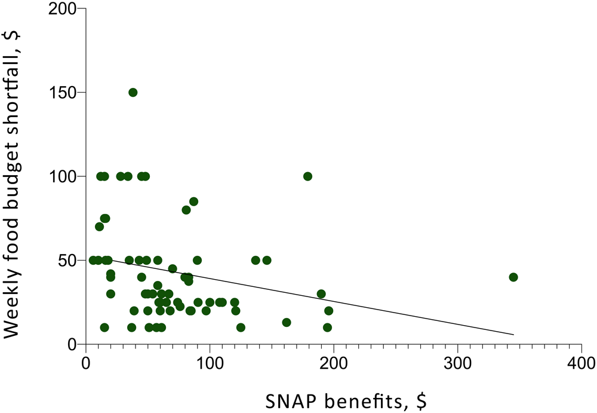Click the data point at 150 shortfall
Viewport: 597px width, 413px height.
point(133,92)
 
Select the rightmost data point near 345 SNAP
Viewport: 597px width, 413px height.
point(513,277)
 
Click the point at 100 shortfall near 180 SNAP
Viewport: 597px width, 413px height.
point(308,176)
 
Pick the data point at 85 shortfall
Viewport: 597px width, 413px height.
point(193,201)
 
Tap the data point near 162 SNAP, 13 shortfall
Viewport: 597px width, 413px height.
point(287,322)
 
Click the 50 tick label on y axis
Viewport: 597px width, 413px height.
point(70,260)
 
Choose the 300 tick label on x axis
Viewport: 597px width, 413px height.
point(457,363)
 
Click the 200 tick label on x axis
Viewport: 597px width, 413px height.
point(333,363)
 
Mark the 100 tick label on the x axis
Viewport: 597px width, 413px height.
point(210,363)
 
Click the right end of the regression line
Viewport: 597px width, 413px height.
point(513,335)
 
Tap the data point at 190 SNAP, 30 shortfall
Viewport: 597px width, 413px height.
point(321,294)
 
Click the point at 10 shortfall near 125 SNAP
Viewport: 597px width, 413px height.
point(241,328)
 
